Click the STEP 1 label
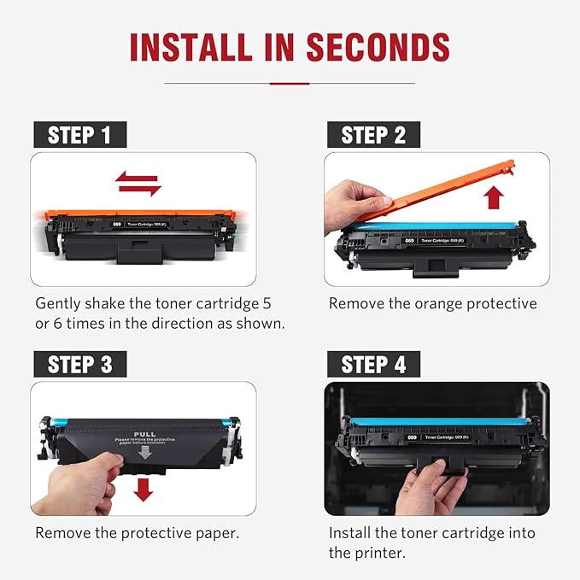click(79, 135)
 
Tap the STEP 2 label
click(373, 135)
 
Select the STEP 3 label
click(79, 365)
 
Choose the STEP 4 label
click(373, 365)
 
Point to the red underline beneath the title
click(290, 83)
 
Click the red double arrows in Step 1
click(138, 182)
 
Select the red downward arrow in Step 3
click(144, 489)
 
